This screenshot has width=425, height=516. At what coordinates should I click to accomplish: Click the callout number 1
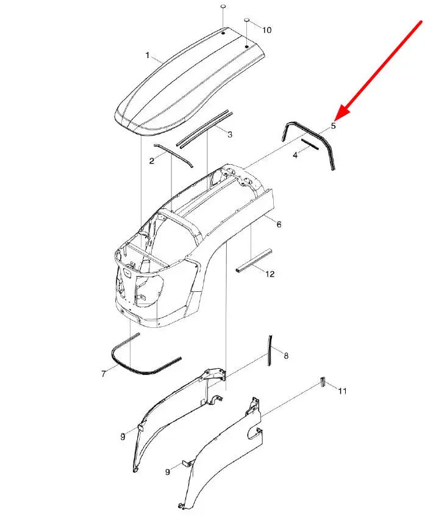pyautogui.click(x=148, y=55)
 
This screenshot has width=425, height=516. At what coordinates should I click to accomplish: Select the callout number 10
pyautogui.click(x=267, y=30)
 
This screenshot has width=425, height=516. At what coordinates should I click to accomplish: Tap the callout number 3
pyautogui.click(x=230, y=134)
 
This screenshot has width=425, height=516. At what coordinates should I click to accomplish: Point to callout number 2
pyautogui.click(x=152, y=161)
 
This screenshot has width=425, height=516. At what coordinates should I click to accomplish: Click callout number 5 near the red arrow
pyautogui.click(x=334, y=126)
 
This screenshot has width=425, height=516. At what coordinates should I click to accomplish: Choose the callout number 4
pyautogui.click(x=295, y=154)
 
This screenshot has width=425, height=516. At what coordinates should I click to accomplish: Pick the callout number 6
pyautogui.click(x=279, y=225)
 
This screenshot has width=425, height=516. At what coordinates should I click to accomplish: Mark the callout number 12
pyautogui.click(x=270, y=274)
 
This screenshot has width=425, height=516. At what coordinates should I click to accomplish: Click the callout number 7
pyautogui.click(x=104, y=374)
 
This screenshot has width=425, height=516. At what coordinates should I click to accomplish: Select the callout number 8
pyautogui.click(x=286, y=356)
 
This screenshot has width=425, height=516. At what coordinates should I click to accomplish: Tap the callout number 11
pyautogui.click(x=343, y=391)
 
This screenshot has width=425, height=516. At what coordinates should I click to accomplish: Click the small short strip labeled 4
pyautogui.click(x=310, y=144)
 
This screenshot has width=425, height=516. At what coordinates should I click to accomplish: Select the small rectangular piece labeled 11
pyautogui.click(x=323, y=382)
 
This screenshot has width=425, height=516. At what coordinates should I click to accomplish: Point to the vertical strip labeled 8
pyautogui.click(x=270, y=351)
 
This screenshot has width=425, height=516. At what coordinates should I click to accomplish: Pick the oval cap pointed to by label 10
pyautogui.click(x=247, y=20)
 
